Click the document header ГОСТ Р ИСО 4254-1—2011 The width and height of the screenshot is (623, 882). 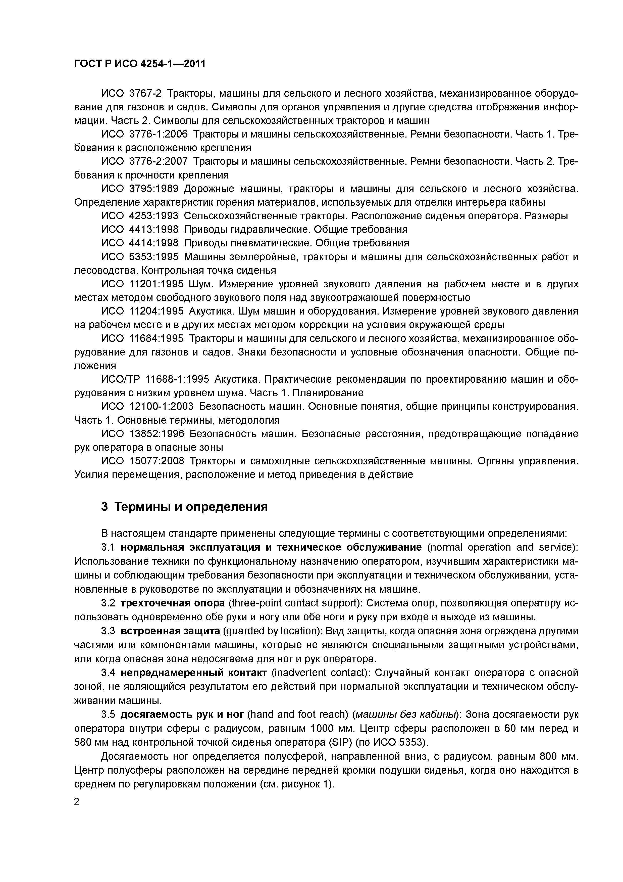coord(140,64)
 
